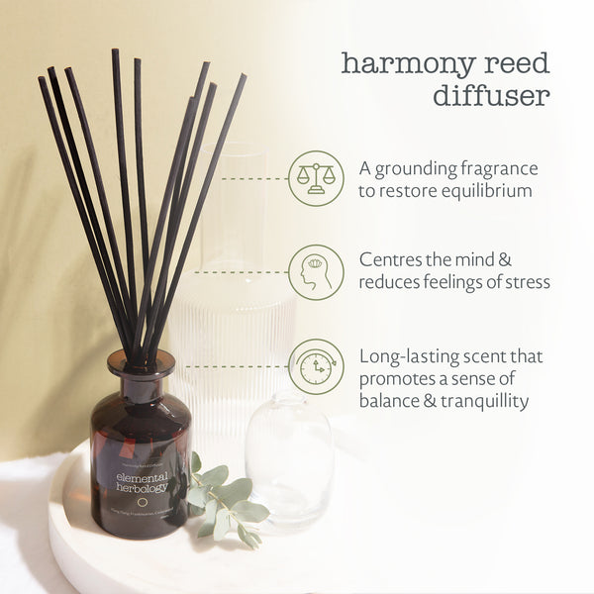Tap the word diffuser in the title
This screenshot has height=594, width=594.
point(491,96)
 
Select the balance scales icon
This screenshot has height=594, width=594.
point(316,178)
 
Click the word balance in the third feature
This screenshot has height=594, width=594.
point(393,401)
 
